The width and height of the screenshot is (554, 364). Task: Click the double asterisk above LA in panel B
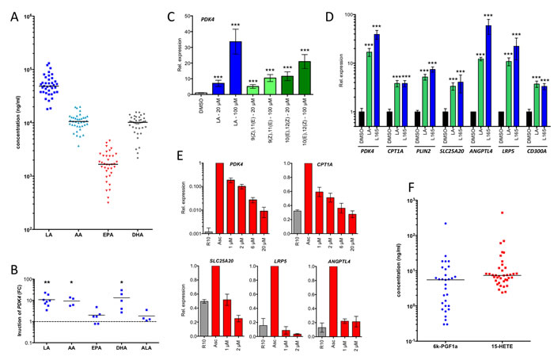click(x=48, y=282)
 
